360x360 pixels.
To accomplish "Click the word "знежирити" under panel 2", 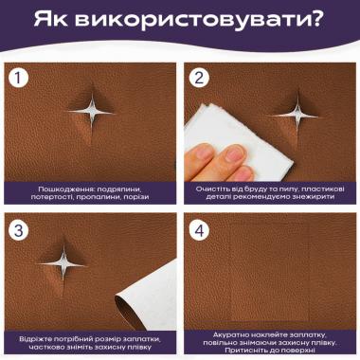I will coord(313,197).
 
